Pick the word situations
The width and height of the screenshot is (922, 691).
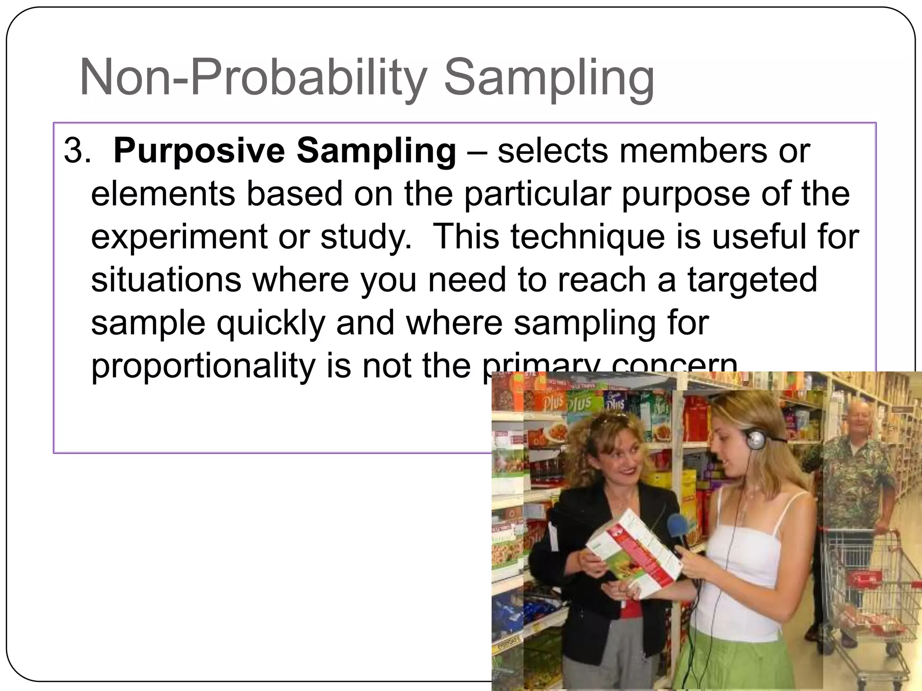[166, 280]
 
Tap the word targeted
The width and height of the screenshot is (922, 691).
[752, 280]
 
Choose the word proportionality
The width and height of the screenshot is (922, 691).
[203, 366]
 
